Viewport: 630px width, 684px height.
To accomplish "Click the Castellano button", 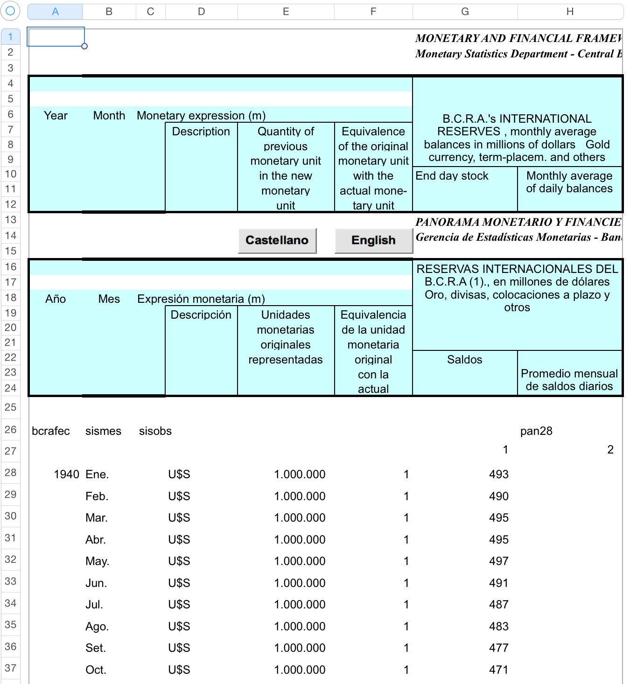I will coord(277,240).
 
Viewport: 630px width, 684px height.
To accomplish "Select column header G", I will coord(465,12).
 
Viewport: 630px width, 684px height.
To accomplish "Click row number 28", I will coord(10,473).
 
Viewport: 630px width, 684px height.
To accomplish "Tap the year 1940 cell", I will coord(66,475).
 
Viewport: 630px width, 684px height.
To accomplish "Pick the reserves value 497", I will coord(498,561).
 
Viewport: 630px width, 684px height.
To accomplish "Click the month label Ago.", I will coord(97,627).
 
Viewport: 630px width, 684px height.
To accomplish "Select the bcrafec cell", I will coord(51,431).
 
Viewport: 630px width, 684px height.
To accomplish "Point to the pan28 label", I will coord(536,431).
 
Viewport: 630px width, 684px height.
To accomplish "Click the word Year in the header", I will coord(56,116).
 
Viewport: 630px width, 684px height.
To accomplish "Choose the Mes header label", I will coord(109,299).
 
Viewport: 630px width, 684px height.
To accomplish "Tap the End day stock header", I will coord(452,176).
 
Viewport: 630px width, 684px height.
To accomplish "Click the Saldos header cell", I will coord(464,360).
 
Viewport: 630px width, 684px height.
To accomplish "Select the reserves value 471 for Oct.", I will coord(498,670).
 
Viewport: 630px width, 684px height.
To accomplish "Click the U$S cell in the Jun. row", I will coord(179,583).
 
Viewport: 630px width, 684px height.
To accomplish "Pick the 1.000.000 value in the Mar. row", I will coord(300,518).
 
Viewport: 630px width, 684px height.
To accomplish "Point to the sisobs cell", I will coord(155,431).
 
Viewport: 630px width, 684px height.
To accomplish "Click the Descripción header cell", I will coord(201,315).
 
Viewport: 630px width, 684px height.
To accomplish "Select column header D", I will coord(201,12).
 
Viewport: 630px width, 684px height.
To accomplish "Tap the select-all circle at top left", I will coord(10,11).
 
